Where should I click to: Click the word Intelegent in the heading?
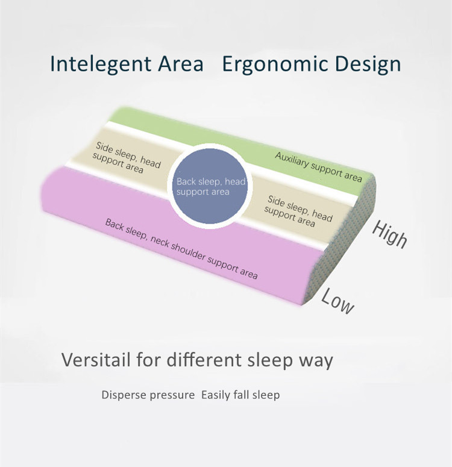101,64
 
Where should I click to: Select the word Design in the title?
368,64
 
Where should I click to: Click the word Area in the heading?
181,63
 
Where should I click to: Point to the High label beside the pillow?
390,234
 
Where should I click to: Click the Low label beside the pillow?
338,301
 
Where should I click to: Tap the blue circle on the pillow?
210,186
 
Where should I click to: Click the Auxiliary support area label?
318,167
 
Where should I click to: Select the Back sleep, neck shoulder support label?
181,249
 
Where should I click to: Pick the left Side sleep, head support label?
127,158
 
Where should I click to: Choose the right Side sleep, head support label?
298,212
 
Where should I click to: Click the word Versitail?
96,360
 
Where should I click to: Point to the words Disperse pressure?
148,395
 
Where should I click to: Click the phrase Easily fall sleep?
240,395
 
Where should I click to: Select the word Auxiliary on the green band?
292,160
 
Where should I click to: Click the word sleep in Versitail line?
270,360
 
